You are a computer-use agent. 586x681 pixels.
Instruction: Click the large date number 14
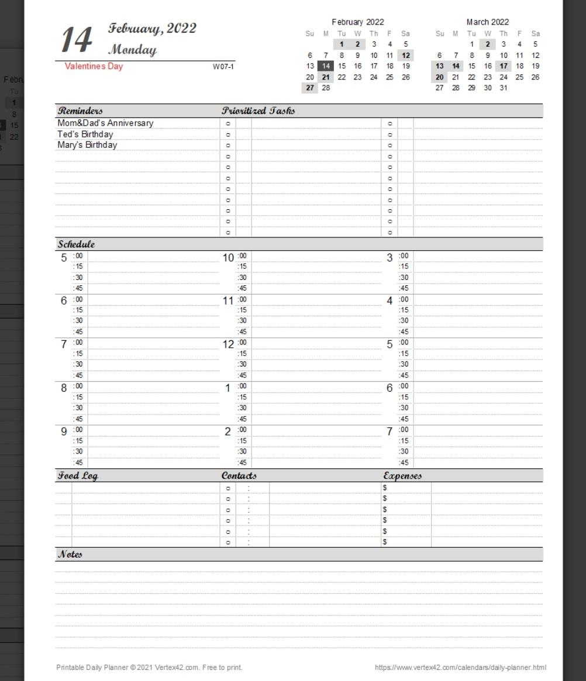[77, 40]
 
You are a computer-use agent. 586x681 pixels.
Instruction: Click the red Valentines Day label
[94, 66]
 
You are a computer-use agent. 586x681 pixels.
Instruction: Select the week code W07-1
[223, 67]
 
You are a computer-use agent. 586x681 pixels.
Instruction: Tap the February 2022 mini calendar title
[357, 22]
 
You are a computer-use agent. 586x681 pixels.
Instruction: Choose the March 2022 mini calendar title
[487, 22]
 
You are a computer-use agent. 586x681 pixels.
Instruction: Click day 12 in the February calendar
[405, 55]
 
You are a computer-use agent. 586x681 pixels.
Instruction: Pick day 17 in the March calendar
[503, 66]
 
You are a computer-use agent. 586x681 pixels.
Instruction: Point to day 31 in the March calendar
[503, 88]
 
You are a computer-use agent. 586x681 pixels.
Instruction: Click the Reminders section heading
[80, 110]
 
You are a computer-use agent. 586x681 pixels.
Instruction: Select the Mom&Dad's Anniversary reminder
[105, 123]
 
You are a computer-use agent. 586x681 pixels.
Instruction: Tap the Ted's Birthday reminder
[85, 134]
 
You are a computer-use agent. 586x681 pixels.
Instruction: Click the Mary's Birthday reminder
[87, 145]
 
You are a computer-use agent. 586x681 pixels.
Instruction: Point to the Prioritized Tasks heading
[258, 110]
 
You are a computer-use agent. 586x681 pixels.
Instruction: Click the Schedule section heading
[76, 244]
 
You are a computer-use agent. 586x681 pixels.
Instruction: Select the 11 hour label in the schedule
[228, 301]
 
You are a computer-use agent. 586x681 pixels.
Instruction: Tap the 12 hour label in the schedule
[228, 344]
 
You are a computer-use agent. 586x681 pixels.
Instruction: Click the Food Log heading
[77, 476]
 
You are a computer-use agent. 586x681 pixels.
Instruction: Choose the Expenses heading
[402, 476]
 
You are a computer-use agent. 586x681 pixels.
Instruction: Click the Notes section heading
[70, 554]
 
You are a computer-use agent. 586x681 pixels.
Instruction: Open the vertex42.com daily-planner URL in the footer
[460, 667]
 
